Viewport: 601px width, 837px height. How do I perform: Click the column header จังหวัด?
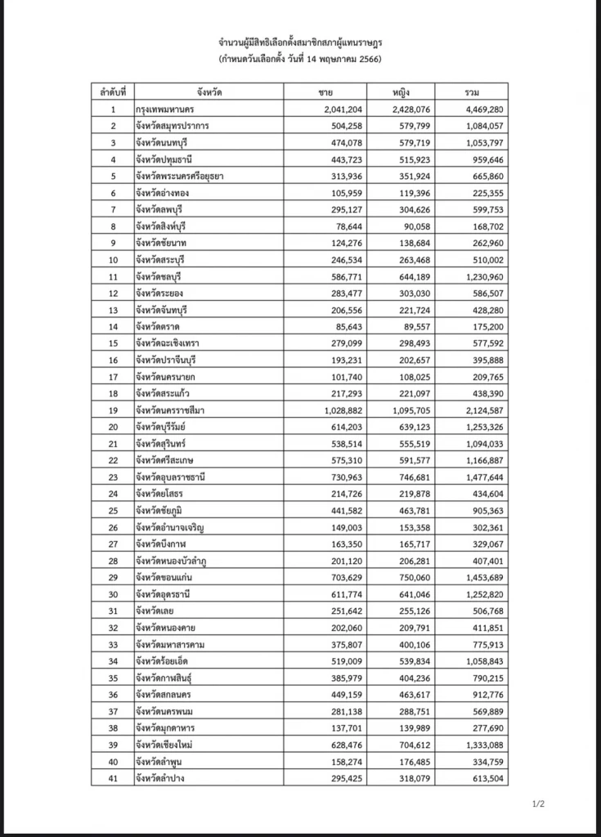click(209, 92)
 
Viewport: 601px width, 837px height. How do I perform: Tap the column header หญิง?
click(401, 92)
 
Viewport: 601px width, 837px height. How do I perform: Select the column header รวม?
click(471, 92)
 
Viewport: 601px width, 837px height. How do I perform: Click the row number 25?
click(113, 510)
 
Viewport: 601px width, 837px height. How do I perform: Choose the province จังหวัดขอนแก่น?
click(169, 577)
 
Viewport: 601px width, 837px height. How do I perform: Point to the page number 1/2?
click(538, 805)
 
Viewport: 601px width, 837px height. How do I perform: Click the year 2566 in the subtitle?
click(370, 60)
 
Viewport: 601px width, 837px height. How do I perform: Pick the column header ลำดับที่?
click(113, 92)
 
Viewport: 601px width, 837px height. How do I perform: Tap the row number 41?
click(113, 778)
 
